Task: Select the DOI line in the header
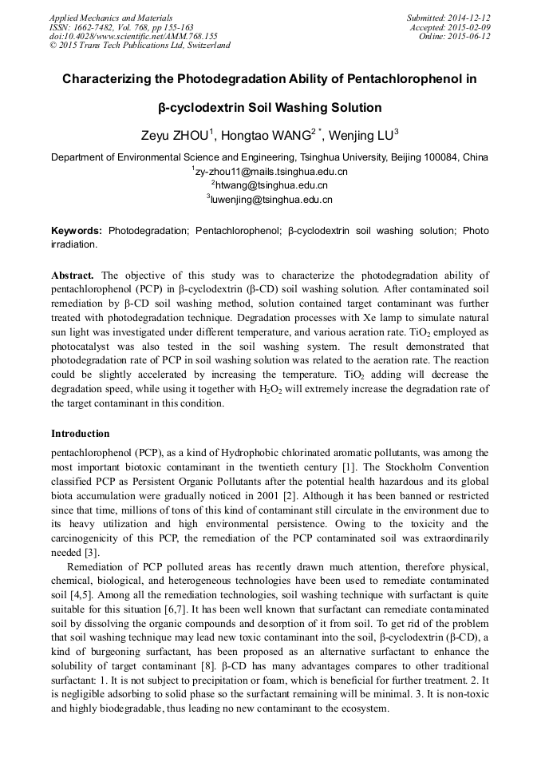133,36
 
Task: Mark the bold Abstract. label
73,274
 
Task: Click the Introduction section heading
81,434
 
